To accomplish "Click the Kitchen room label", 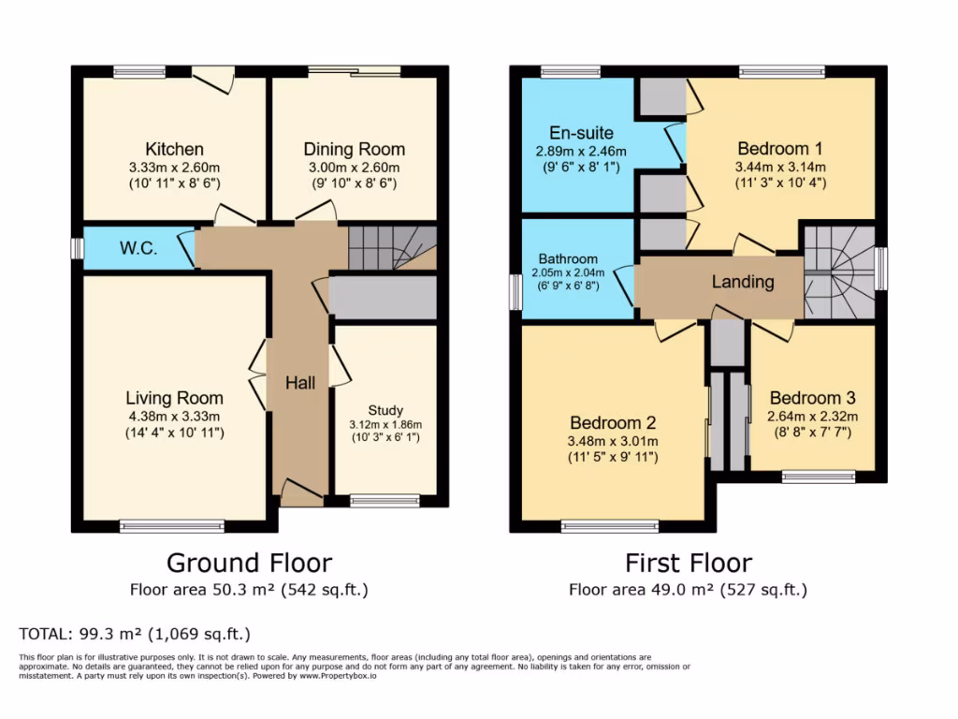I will [x=174, y=150].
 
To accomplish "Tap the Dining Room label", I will [x=354, y=150].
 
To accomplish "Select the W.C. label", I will [x=137, y=249].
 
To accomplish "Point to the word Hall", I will [x=300, y=382].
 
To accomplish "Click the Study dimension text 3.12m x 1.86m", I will [x=385, y=424].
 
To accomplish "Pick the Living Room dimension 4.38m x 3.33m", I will [x=175, y=417].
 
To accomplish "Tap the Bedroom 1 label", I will [x=779, y=149].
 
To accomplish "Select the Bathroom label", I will [x=567, y=259].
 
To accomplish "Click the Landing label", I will [x=743, y=282].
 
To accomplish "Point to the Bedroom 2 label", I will [x=613, y=422].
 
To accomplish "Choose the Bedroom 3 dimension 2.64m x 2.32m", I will [x=812, y=417].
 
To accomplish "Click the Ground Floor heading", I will [x=249, y=563].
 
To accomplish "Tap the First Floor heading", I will [x=688, y=563].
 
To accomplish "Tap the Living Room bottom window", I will [x=172, y=526].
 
